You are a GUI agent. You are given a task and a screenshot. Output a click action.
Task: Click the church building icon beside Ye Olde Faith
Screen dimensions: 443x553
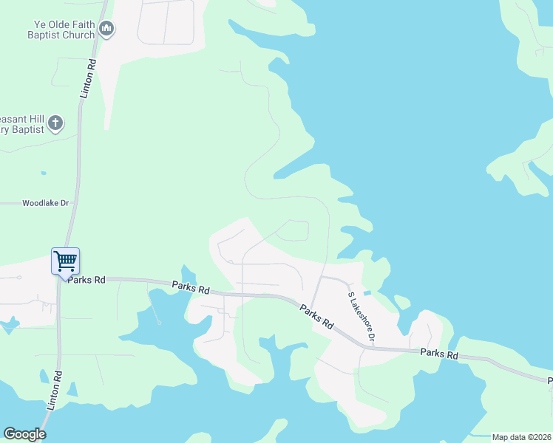coord(106,30)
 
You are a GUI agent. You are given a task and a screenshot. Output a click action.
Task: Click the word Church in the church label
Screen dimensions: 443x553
coord(78,35)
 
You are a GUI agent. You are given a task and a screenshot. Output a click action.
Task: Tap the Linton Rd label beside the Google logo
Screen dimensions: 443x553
coord(52,398)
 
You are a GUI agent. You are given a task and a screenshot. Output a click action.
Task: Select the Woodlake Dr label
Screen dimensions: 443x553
coord(45,202)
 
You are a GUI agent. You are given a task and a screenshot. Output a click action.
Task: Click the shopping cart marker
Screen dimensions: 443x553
coord(65,261)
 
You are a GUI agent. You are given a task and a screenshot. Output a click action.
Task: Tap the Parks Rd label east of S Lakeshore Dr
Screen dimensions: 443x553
coord(439,354)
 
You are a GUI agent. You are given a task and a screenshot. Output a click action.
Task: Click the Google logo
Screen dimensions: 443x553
coord(24,434)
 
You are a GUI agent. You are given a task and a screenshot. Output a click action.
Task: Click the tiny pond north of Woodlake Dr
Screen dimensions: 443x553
coord(44,174)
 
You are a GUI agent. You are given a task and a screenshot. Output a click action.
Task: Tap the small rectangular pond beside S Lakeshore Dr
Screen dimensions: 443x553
coord(367,293)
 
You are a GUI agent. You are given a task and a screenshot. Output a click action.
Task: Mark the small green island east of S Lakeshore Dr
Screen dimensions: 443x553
coord(403,301)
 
